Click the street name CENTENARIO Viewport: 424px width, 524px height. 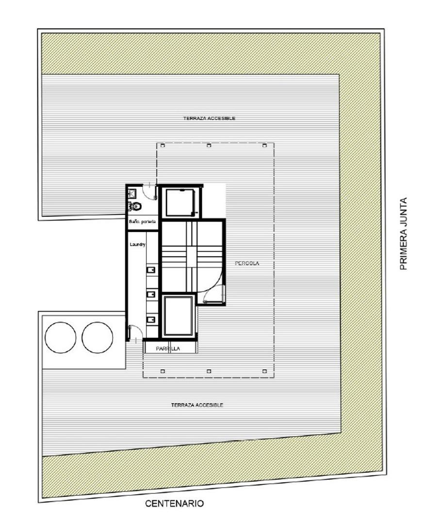tap(175, 504)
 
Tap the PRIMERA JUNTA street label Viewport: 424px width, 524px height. tap(403, 233)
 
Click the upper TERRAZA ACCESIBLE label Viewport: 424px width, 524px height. tap(209, 118)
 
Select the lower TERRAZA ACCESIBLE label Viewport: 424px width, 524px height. tap(197, 405)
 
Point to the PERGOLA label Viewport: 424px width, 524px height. tap(247, 263)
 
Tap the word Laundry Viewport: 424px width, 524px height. tap(137, 245)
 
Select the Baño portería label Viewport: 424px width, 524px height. tap(142, 222)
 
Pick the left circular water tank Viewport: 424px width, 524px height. tap(60, 337)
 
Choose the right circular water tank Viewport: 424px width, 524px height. tap(98, 337)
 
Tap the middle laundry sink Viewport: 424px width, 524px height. tap(151, 294)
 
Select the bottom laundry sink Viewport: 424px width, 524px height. tap(151, 319)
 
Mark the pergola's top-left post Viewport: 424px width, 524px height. tap(163, 146)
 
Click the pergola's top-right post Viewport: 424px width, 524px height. tap(264, 146)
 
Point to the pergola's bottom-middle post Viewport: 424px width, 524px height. tap(209, 371)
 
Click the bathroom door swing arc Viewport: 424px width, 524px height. tap(152, 191)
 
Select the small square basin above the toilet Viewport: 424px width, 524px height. tap(131, 193)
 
